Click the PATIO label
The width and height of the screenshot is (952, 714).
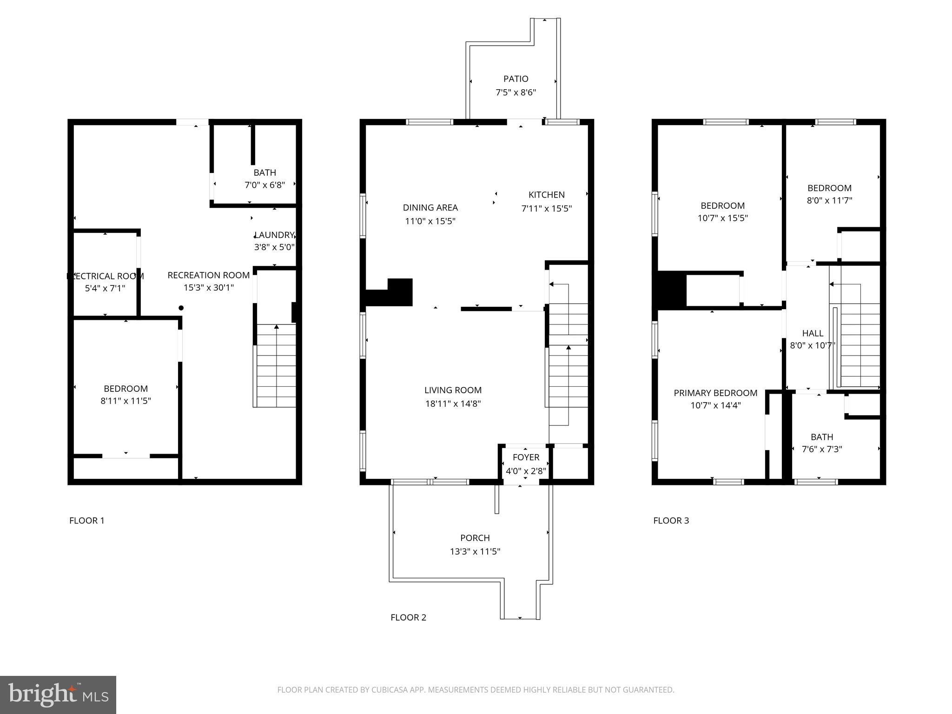click(x=516, y=79)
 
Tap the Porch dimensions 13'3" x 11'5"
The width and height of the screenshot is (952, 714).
click(x=475, y=552)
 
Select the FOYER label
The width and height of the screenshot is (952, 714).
click(x=526, y=457)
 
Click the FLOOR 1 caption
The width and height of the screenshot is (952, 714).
click(x=87, y=521)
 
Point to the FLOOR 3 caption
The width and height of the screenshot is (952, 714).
click(x=671, y=521)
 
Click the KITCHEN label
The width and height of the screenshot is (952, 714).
click(x=546, y=195)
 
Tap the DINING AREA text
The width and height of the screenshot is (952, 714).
click(x=430, y=208)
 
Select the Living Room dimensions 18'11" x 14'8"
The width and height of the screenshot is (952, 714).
click(x=453, y=404)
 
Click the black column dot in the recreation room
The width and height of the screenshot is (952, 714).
click(x=181, y=308)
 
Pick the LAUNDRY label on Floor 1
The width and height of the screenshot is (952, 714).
click(x=274, y=235)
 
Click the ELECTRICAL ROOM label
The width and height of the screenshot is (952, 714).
click(x=106, y=276)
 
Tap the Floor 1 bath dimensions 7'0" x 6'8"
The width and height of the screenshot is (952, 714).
click(x=264, y=185)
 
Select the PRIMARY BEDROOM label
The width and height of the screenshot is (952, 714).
click(x=715, y=393)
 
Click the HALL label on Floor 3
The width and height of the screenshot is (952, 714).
click(x=813, y=333)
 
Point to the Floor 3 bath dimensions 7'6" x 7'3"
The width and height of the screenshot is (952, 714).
click(x=822, y=450)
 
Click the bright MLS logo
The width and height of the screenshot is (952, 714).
click(x=58, y=695)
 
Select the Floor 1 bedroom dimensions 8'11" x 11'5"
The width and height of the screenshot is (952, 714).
click(x=126, y=401)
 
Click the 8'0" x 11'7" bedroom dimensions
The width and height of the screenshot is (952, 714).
click(x=829, y=201)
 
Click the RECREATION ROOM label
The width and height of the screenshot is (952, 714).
click(x=208, y=275)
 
